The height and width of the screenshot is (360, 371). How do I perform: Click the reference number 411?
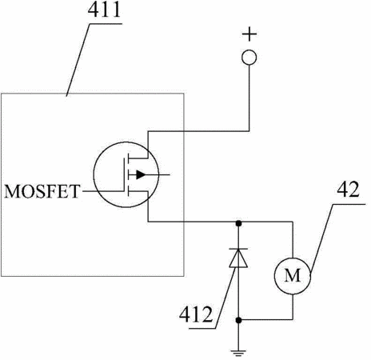104,10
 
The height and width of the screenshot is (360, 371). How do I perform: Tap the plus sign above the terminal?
249,34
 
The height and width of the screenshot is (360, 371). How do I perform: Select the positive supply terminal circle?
249,58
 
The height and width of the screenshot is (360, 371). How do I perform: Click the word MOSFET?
42,191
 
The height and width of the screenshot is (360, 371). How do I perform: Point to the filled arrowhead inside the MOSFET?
141,174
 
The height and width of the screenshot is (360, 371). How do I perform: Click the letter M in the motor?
293,275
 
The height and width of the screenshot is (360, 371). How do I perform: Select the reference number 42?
348,190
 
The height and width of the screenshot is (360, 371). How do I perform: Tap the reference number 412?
196,314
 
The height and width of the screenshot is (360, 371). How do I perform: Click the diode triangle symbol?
238,258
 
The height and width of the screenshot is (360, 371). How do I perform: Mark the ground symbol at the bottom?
238,353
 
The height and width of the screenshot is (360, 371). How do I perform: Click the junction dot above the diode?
238,223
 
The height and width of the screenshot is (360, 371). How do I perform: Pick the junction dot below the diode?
238,320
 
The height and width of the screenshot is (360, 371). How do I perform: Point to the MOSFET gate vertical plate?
124,174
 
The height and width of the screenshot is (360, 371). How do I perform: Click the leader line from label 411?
78,60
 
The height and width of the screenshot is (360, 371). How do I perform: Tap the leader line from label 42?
321,238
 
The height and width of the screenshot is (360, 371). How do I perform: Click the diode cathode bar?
238,249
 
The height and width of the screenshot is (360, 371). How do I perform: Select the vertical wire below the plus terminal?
249,98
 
